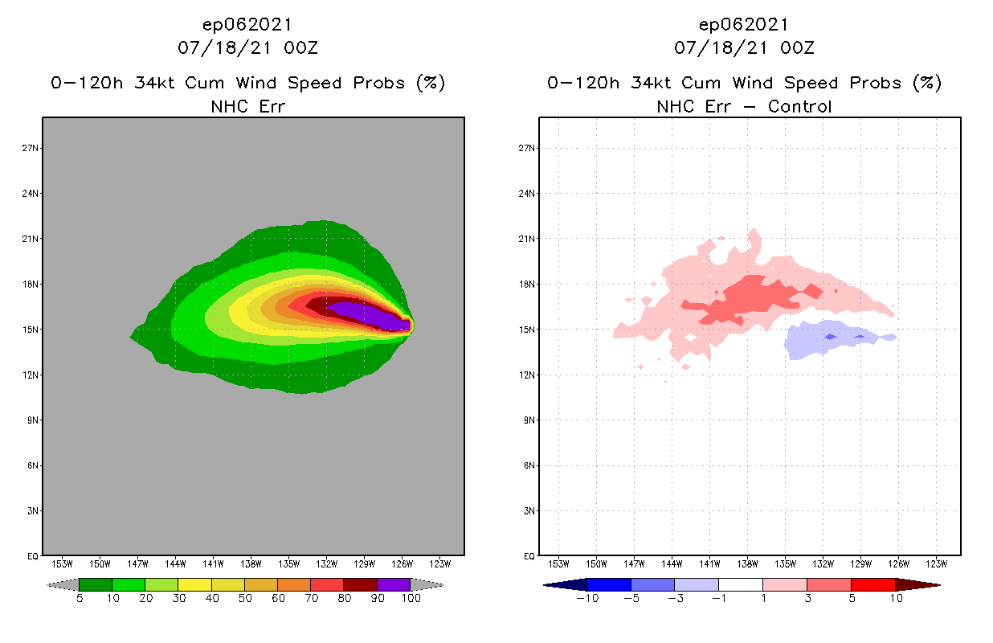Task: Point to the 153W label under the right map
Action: click(558, 563)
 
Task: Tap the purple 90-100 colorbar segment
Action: click(394, 585)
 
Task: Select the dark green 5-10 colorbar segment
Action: click(96, 585)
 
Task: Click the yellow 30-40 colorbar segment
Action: click(194, 585)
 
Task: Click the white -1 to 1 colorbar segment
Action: click(740, 585)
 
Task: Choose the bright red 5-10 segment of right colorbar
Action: click(872, 585)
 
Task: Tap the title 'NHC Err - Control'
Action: click(744, 106)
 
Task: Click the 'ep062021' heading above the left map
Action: click(247, 24)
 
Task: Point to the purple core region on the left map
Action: click(370, 314)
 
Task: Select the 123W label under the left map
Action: click(440, 563)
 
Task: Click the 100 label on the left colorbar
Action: click(411, 598)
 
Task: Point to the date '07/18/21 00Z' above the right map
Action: click(744, 47)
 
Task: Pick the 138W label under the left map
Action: click(251, 563)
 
